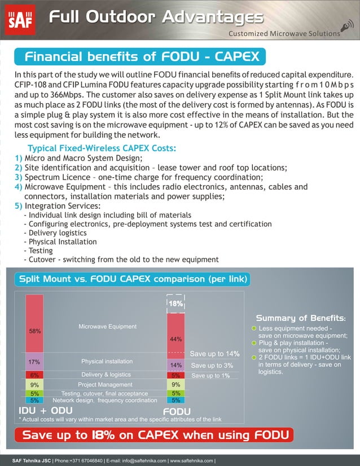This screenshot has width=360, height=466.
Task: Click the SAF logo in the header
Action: click(21, 19)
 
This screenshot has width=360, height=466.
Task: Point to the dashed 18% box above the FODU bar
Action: click(175, 303)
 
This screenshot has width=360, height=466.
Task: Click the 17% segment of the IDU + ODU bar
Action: click(34, 361)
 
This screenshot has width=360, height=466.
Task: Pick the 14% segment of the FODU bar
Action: click(175, 364)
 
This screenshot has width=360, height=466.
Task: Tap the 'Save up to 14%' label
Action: click(215, 354)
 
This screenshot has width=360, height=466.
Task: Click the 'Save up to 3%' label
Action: click(213, 366)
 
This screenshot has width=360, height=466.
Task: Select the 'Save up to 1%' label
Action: click(210, 375)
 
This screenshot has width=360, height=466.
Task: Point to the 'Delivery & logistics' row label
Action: click(106, 375)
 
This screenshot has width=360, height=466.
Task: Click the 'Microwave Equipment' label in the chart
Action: click(107, 326)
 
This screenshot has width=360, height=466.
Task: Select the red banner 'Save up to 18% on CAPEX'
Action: click(156, 435)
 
